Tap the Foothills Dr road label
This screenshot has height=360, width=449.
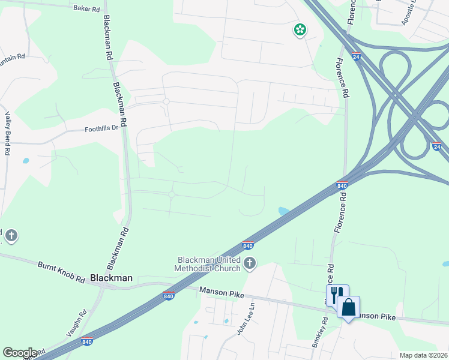tap(102, 128)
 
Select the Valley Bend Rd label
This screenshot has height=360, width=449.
tap(8, 133)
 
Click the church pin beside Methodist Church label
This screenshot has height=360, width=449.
tap(250, 263)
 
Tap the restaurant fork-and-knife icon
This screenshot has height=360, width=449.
tap(337, 293)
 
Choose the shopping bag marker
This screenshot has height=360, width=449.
tap(348, 308)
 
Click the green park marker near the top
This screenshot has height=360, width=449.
tap(300, 29)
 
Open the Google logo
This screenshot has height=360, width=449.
tap(20, 353)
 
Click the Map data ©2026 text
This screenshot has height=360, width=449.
tap(423, 355)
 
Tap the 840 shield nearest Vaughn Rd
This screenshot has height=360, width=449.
tap(87, 341)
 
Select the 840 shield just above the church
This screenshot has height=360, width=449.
tap(247, 245)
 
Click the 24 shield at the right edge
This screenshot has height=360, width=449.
tap(437, 146)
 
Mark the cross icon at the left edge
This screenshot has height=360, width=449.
tap(11, 236)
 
